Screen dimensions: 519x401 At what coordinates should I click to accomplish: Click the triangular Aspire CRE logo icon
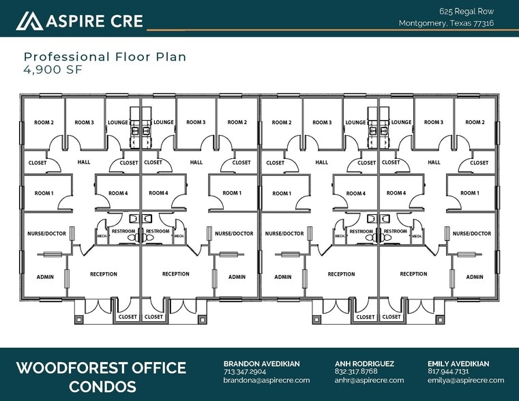coord(29,21)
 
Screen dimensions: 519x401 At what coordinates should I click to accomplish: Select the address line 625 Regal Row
coord(466,12)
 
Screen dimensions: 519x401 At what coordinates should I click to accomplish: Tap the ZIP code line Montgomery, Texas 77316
coord(446,23)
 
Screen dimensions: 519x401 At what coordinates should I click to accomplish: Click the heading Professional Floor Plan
coord(105,57)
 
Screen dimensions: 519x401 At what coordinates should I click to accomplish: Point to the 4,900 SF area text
coord(53,70)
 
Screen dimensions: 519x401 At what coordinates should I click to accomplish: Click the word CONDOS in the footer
coord(102,387)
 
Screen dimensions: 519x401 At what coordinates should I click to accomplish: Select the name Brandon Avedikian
coord(261,363)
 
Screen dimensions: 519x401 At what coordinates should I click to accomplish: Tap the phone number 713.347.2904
coord(245,372)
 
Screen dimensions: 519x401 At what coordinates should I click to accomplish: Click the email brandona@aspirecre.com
coord(267,380)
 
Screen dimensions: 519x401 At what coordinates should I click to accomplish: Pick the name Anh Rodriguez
coord(364,363)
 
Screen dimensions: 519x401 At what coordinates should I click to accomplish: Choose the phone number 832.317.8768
coord(356,372)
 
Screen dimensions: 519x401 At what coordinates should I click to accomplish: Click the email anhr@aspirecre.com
coord(369,380)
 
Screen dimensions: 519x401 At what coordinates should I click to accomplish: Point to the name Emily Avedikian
coord(458,363)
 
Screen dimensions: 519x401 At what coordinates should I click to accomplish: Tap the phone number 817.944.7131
coord(448,372)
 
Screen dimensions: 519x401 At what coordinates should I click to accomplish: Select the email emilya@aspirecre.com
coord(466,380)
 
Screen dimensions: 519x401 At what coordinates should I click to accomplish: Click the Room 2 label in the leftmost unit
coord(44,123)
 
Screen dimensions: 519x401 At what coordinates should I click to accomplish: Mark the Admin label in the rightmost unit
coord(475,277)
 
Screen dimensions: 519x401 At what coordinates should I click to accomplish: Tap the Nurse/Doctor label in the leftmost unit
coord(46,233)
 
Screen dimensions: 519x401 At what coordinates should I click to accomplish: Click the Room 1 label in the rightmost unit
coord(470,193)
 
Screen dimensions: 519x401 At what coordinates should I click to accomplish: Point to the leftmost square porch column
coord(79,320)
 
